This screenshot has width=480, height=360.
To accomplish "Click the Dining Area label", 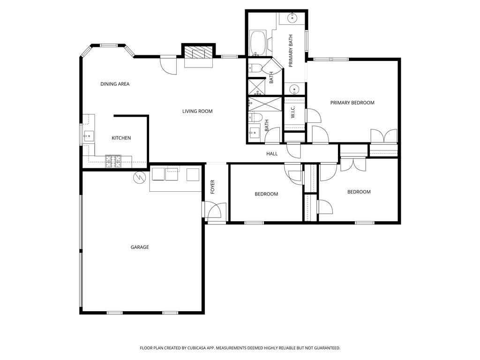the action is coord(115,84).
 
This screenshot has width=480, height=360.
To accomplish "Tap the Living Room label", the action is coord(197,111).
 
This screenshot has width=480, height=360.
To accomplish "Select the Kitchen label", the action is coord(121,138).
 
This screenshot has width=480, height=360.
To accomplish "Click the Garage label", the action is coord(140,247).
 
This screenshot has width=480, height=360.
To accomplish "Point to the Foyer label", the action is coord(212,187).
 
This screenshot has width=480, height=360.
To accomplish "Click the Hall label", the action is coord(272,154).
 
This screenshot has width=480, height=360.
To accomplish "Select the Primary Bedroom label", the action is coord(352,103).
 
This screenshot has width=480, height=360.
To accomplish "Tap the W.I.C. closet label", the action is coord(292,112).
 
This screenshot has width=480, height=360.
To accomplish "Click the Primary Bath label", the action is coord(291,51).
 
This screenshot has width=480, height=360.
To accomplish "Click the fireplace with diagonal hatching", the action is coord(199,52).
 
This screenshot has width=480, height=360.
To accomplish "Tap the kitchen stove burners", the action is coord(113,161).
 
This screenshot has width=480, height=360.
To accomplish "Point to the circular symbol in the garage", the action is coord(138,178).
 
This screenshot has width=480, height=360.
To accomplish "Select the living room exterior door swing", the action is coord(168,66).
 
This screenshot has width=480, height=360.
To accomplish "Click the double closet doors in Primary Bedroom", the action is coord(384,136).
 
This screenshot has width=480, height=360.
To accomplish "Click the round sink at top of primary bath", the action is coord(292,18).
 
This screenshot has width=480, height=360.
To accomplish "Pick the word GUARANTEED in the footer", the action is coord(327,348).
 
